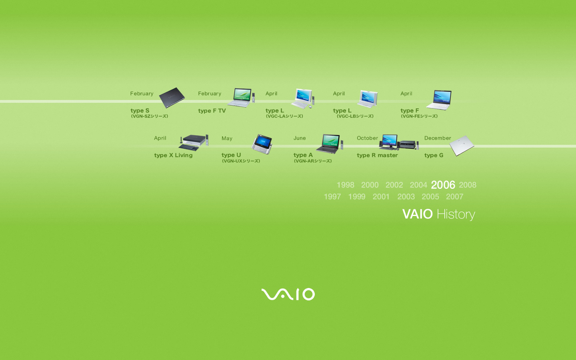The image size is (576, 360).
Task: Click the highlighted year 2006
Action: coord(443,185)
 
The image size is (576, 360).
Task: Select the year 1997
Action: coord(332,197)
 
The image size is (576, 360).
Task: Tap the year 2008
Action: coord(468,185)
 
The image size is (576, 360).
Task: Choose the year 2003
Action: coord(406,197)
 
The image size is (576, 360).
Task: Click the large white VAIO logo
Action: coord(288,294)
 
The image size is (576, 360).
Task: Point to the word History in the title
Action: coord(456,215)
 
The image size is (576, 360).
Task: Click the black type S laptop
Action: coord(172,98)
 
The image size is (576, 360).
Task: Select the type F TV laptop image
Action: coord(241,98)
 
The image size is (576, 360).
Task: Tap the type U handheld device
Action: coord(262,144)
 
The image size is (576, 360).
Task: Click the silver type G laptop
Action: coord(462,146)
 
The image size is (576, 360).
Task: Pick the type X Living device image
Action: coord(193,143)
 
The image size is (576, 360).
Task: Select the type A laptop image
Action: coord(330,144)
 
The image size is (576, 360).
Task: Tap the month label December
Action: coord(438,138)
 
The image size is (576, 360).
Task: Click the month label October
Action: coord(367,138)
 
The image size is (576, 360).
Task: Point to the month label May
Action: coord(227,138)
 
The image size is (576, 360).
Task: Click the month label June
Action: coord(300,138)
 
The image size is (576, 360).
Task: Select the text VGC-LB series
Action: coord(355,116)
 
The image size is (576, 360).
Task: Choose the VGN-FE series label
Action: coord(419,116)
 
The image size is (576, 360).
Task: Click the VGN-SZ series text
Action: coord(150,116)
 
